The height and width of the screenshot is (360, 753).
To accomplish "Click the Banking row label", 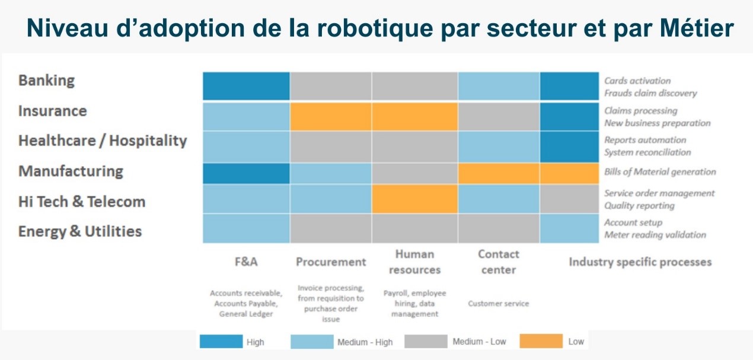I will coord(47,81).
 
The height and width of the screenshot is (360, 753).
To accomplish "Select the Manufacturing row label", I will coord(71,171).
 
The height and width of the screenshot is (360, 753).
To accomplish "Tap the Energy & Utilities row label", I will coord(80,231).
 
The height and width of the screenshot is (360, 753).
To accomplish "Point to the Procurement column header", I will coord(331,262).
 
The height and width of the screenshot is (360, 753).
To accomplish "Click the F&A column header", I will coord(246,262).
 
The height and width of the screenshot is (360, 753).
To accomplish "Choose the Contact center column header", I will coord(498,262).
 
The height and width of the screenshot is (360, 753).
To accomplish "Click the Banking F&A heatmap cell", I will coord(246,86).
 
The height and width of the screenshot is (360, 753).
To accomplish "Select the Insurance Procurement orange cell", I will coord(331,116).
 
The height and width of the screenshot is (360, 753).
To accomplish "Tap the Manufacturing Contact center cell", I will coord(498,173).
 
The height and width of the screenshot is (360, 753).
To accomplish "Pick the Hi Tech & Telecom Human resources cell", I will coord(414,199).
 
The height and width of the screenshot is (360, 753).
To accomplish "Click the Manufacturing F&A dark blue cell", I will coord(246,173).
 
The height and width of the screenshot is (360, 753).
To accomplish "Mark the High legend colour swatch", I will coord(221,342).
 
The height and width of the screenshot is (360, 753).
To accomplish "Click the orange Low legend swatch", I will coord(541,342).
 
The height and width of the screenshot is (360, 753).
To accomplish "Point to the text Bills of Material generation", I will coord(660,172).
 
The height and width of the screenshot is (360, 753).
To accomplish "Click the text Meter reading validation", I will coord(655,235).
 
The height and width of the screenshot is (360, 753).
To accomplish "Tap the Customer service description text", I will coord(498,304).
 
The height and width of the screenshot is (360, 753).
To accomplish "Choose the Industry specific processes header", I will coord(640,262).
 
